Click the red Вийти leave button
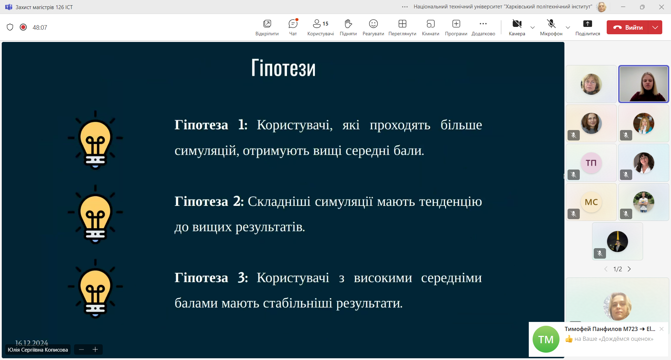[x=627, y=27]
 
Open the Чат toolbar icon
[x=293, y=24]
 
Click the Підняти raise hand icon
[x=348, y=24]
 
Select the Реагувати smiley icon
[x=373, y=24]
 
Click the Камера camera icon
[x=517, y=24]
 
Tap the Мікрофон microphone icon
[x=551, y=24]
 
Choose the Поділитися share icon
[x=587, y=24]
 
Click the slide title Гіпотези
[x=283, y=68]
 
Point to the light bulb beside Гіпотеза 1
[x=95, y=140]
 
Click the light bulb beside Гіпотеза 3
[x=95, y=289]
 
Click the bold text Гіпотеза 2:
[x=209, y=201]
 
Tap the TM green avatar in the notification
[x=546, y=339]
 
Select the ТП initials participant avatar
[x=591, y=163]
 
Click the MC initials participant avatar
[x=591, y=202]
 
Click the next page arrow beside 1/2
[x=629, y=269]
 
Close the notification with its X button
[x=662, y=329]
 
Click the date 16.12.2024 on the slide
[x=31, y=343]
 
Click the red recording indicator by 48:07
[x=23, y=27]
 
